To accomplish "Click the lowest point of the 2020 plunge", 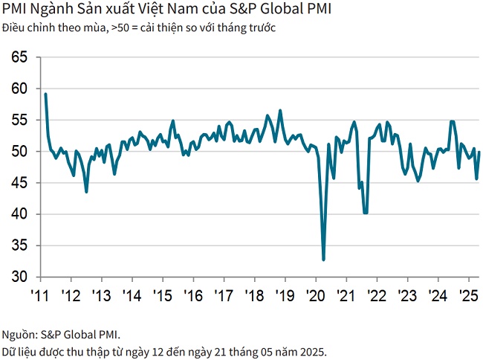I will [x=323, y=260].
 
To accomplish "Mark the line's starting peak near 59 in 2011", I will [x=45, y=94].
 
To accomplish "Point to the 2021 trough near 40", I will [x=366, y=213].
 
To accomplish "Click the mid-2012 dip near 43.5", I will [x=86, y=192].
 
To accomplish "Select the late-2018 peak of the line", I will [x=280, y=110].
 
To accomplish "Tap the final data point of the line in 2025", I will [x=479, y=152].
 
